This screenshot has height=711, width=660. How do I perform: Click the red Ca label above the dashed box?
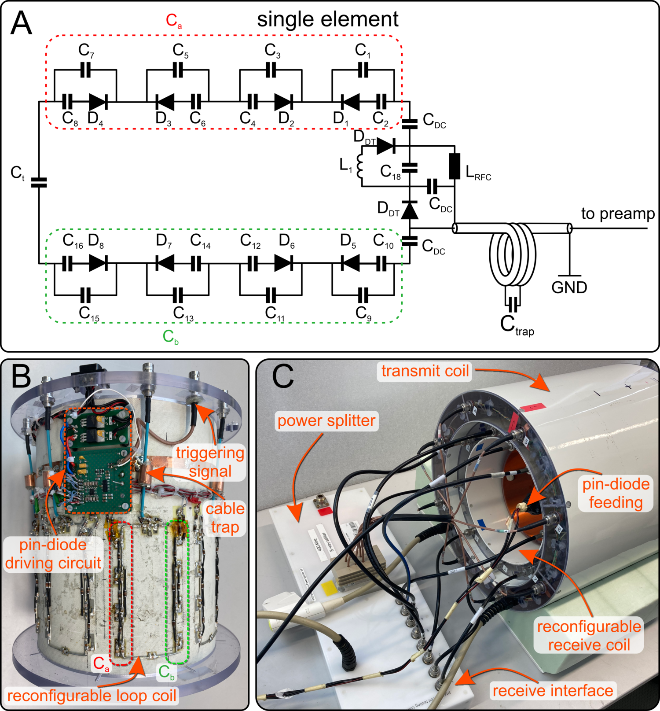pyautogui.click(x=173, y=20)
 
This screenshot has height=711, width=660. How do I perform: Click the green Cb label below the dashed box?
pyautogui.click(x=170, y=337)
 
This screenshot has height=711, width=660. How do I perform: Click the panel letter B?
pyautogui.click(x=21, y=376)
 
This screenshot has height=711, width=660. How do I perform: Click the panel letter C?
pyautogui.click(x=282, y=376)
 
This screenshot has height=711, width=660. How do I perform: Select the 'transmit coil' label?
pyautogui.click(x=425, y=371)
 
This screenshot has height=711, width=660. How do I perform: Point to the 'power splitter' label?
pyautogui.click(x=326, y=421)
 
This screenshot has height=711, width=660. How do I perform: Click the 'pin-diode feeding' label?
pyautogui.click(x=616, y=493)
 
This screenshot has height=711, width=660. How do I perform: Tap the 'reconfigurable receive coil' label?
pyautogui.click(x=589, y=636)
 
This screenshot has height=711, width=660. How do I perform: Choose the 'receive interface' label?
pyautogui.click(x=553, y=691)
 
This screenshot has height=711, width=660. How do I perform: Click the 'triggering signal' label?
pyautogui.click(x=210, y=462)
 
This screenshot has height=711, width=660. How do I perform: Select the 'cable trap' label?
pyautogui.click(x=225, y=518)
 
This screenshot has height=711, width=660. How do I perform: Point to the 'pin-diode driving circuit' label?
pyautogui.click(x=53, y=554)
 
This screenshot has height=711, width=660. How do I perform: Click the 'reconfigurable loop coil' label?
pyautogui.click(x=92, y=696)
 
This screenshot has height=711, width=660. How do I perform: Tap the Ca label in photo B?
pyautogui.click(x=101, y=663)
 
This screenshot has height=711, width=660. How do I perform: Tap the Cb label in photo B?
pyautogui.click(x=167, y=672)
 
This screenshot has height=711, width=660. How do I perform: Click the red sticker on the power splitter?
pyautogui.click(x=325, y=511)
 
